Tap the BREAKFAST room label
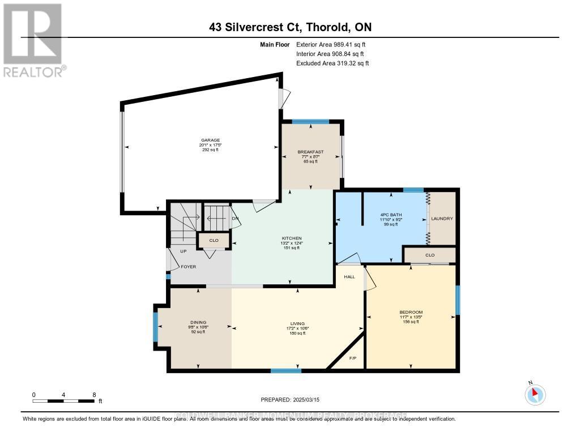pyautogui.click(x=310, y=152)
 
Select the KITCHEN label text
pyautogui.click(x=292, y=238)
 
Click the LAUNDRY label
pyautogui.click(x=442, y=219)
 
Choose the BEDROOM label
pyautogui.click(x=411, y=312)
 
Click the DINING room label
pyautogui.click(x=198, y=322)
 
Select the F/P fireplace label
pyautogui.click(x=352, y=359)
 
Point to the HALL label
pyautogui.click(x=349, y=277)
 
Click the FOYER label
pyautogui.click(x=188, y=266)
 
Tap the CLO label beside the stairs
pyautogui.click(x=214, y=241)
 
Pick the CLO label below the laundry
pyautogui.click(x=429, y=255)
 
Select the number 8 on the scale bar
pyautogui.click(x=94, y=394)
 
